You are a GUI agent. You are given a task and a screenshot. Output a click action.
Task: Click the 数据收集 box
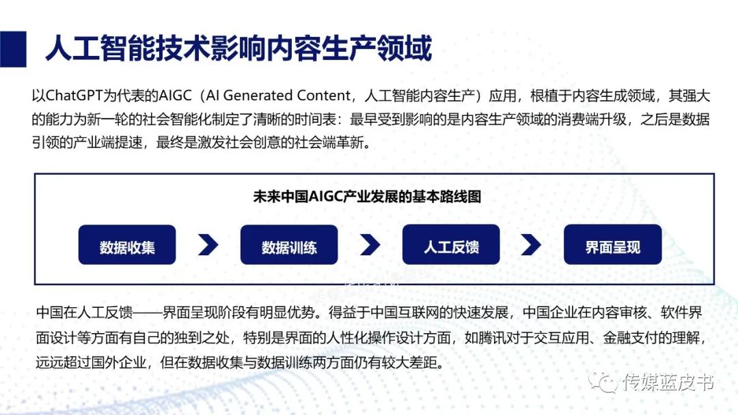point(127,245)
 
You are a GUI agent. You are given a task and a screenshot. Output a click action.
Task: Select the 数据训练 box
point(289,245)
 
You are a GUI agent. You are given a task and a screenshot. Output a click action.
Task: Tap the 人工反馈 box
point(451,245)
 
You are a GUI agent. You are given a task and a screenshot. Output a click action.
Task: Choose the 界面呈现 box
point(612,245)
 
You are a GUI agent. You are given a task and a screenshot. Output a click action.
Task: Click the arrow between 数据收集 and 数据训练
point(208,245)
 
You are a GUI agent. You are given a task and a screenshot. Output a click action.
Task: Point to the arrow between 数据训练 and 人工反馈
point(370,245)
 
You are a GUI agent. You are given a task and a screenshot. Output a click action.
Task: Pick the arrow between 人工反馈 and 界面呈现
point(531,245)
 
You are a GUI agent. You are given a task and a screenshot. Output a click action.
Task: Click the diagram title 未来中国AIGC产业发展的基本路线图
point(367,197)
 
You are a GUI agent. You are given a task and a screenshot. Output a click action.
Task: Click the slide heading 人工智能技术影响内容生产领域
point(238,50)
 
